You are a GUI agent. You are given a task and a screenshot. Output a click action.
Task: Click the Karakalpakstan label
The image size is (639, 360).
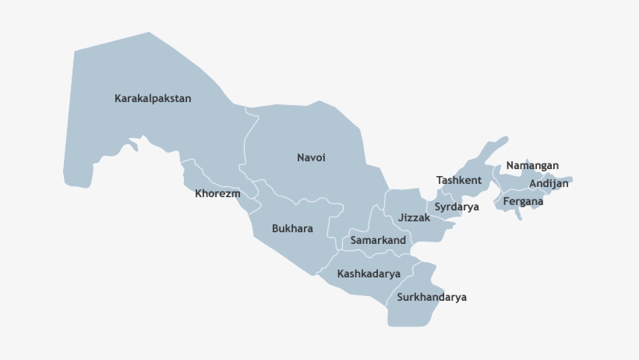(x=153, y=99)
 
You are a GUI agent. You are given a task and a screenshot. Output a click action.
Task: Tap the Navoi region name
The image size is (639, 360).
(x=311, y=158)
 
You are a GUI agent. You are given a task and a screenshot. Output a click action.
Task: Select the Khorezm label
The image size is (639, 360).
(x=217, y=194)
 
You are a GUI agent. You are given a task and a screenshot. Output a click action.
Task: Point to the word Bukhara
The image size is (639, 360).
(x=292, y=229)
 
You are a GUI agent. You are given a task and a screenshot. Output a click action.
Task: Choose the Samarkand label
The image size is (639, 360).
(x=378, y=241)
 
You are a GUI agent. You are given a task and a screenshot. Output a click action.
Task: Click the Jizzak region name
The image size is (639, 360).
(x=414, y=218)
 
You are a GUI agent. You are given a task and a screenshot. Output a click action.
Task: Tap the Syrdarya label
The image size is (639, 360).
(x=457, y=207)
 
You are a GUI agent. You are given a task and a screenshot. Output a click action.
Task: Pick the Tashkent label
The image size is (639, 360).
(x=459, y=181)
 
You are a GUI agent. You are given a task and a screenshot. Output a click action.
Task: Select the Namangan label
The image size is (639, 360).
(x=532, y=166)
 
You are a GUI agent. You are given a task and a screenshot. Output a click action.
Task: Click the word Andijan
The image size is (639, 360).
(x=549, y=184)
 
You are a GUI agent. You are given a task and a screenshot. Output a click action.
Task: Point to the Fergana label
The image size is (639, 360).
(x=523, y=201)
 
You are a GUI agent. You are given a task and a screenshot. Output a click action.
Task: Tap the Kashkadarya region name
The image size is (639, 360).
(x=369, y=274)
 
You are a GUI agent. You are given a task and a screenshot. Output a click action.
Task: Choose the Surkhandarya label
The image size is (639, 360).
(x=432, y=298)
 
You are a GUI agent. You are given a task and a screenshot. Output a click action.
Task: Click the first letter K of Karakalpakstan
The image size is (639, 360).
(x=118, y=99)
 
